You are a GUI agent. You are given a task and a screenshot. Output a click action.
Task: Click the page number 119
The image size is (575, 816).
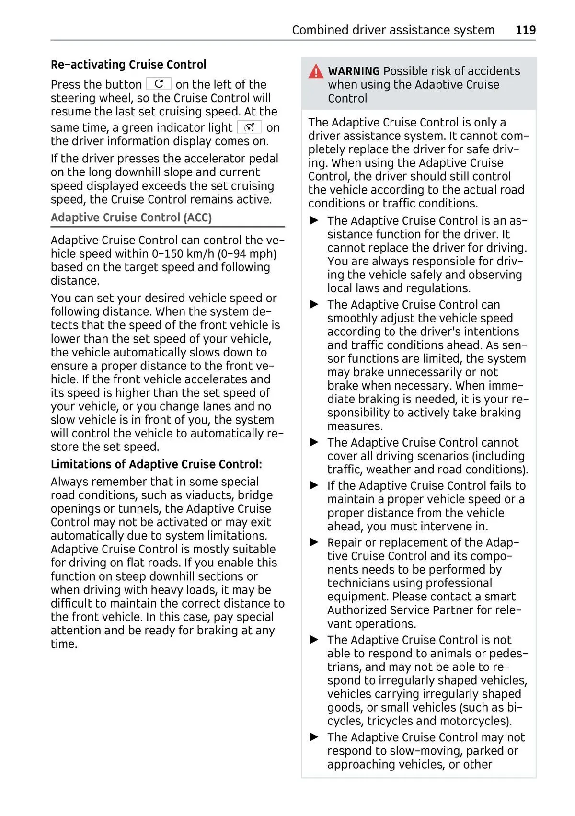526,30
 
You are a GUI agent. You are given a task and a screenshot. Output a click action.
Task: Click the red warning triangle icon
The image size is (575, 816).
316,71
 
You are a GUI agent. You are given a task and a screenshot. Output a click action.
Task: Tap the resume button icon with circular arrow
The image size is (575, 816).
159,84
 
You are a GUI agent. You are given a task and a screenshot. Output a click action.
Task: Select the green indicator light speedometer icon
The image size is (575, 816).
249,127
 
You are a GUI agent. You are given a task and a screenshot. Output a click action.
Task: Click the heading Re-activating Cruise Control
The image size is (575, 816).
128,65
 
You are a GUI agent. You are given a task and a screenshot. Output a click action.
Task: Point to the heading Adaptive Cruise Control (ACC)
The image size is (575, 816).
131,218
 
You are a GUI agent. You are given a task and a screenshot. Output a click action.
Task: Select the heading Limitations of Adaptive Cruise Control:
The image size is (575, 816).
156,464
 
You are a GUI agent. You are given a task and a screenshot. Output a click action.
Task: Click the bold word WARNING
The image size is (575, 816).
354,71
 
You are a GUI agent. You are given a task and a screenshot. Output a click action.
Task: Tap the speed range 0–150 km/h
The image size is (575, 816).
184,254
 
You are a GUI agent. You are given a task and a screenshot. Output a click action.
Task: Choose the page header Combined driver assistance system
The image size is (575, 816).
393,30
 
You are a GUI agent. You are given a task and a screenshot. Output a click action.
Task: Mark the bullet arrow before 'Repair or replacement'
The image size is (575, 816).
314,542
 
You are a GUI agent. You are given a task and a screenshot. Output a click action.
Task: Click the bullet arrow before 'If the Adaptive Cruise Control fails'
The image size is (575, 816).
314,485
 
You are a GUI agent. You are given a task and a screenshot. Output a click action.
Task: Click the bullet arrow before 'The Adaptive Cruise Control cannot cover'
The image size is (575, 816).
314,442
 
